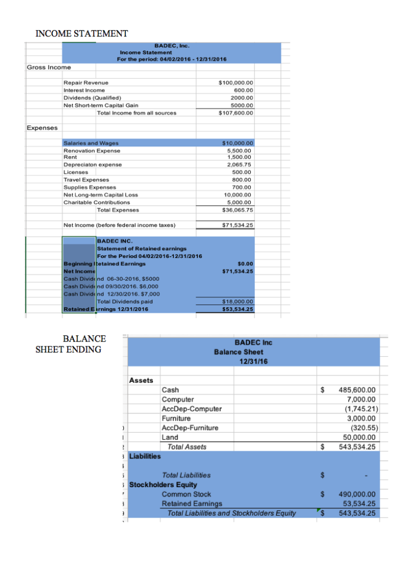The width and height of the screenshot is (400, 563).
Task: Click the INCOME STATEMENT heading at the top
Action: pos(82,34)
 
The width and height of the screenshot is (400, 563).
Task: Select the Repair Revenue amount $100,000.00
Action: pos(235,82)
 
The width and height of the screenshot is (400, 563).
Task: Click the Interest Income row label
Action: pos(84,90)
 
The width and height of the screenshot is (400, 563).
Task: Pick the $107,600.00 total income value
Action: pos(235,113)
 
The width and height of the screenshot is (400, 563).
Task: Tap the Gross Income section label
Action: pos(49,67)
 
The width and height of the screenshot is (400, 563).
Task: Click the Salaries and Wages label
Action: pos(91,143)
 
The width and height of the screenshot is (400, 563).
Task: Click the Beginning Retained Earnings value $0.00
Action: pos(244,264)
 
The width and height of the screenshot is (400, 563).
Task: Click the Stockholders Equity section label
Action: pos(163,484)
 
